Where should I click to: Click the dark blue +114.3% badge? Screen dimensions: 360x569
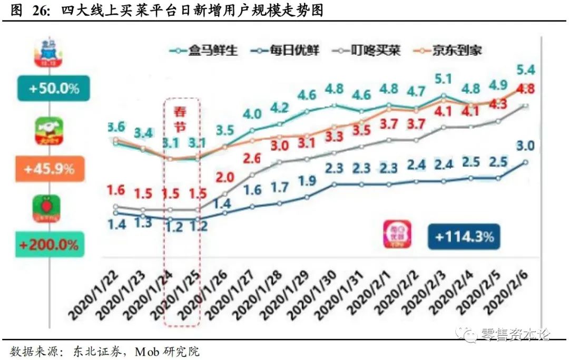click(x=464, y=237)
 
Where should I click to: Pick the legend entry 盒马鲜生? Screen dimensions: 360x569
click(x=203, y=50)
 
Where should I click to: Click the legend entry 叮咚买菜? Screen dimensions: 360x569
click(x=369, y=50)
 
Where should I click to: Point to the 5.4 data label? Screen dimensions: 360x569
click(x=525, y=70)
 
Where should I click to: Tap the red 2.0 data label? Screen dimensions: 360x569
click(x=225, y=177)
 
